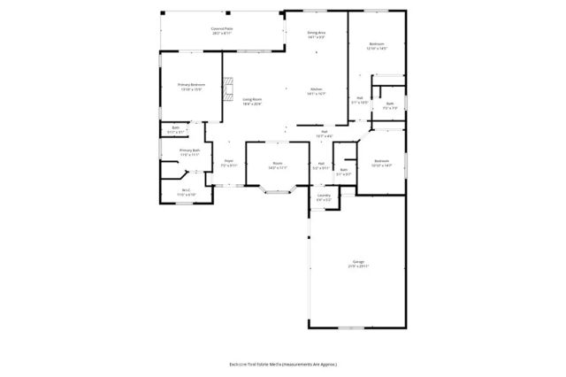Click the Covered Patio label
tap(222, 30)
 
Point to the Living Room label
tap(255, 101)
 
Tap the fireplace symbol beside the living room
tap(228, 88)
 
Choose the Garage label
tap(359, 264)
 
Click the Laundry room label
tap(324, 198)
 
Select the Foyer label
tap(228, 163)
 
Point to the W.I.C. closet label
tap(187, 192)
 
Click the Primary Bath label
tap(190, 152)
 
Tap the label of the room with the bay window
tap(277, 165)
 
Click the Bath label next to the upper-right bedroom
tap(389, 105)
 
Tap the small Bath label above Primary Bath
tap(172, 130)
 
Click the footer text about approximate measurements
tap(283, 364)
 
